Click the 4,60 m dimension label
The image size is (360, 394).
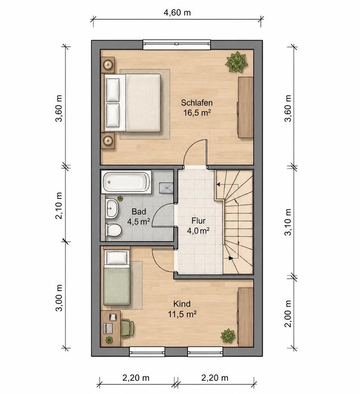177,12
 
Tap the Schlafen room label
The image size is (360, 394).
197,103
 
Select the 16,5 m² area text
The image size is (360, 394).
197,112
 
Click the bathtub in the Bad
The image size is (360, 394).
126,182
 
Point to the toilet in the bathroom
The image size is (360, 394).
114,230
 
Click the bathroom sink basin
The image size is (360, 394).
112,208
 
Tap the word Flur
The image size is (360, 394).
198,221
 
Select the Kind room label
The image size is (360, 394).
182,304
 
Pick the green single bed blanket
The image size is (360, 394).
117,287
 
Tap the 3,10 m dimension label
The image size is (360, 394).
288,222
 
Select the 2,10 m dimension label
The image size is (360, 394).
59,206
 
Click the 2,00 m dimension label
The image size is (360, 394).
288,314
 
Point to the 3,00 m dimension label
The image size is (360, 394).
59,298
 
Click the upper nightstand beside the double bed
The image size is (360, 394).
108,65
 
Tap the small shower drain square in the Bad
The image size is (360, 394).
166,188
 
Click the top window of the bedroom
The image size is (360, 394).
177,44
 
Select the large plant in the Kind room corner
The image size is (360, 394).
228,335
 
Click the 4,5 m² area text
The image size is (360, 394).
138,222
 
